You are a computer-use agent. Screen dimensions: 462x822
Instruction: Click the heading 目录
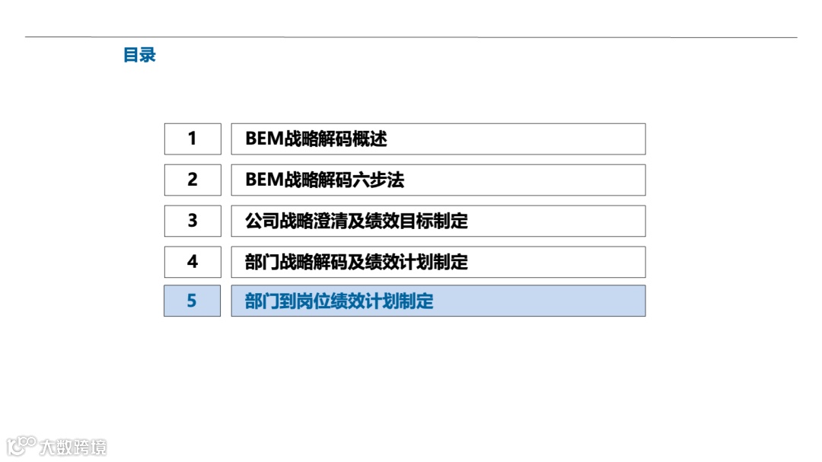tap(139, 56)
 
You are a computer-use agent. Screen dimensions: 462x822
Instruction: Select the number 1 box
tap(193, 139)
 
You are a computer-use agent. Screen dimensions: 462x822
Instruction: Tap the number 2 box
tap(193, 180)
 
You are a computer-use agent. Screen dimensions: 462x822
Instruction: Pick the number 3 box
tap(193, 221)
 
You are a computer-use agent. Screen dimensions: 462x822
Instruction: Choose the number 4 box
tap(193, 262)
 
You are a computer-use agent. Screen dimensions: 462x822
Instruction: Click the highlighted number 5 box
tap(193, 301)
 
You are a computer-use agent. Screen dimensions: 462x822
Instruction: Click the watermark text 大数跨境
tap(73, 446)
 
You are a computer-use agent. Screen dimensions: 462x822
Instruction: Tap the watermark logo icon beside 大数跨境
tap(22, 445)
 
